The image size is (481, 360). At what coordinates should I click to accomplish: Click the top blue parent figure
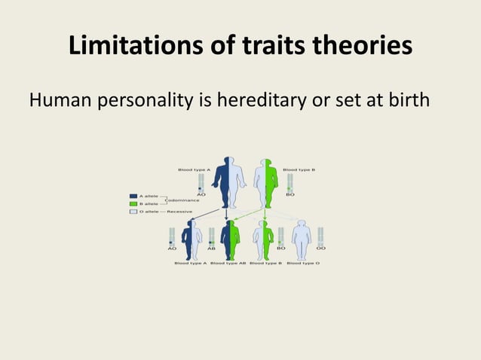tap(228, 182)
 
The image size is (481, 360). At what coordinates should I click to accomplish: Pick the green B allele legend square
tap(133, 203)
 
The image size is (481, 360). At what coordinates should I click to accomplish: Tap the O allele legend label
tap(149, 212)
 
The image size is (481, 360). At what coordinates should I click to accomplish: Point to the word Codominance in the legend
tap(183, 200)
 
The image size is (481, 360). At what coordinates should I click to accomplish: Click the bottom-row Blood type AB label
tap(228, 263)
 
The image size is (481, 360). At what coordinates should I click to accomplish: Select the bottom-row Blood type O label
tap(303, 263)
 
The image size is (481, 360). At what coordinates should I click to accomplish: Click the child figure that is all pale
tap(302, 239)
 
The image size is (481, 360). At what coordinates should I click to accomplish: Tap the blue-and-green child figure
tap(230, 239)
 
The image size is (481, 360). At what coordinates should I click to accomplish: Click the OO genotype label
tap(321, 248)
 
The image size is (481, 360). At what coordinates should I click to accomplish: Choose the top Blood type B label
tap(299, 170)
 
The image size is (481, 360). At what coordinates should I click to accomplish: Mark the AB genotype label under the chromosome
tap(212, 248)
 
